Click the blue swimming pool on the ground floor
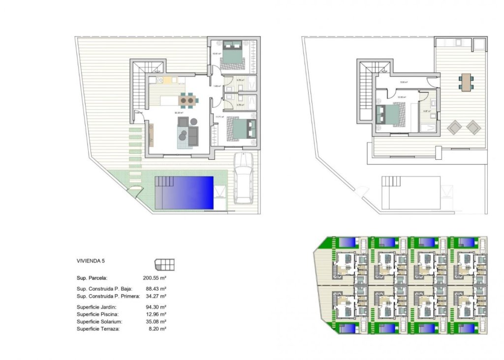[x=184, y=192]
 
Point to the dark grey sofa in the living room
[x=193, y=135]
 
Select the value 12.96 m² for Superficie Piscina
[x=155, y=314]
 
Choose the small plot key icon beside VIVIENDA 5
[x=164, y=265]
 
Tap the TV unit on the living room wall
[x=152, y=135]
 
